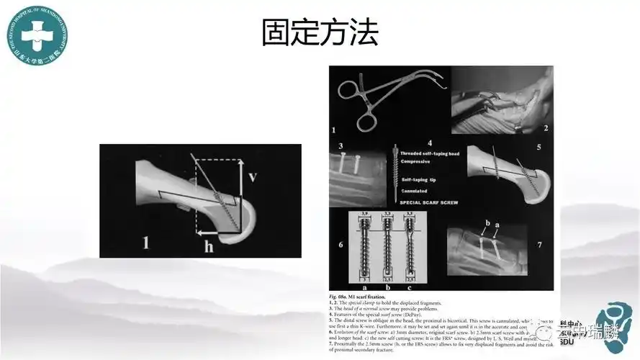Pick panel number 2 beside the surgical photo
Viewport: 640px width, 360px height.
click(x=546, y=129)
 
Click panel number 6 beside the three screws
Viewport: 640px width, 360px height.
click(x=341, y=245)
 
